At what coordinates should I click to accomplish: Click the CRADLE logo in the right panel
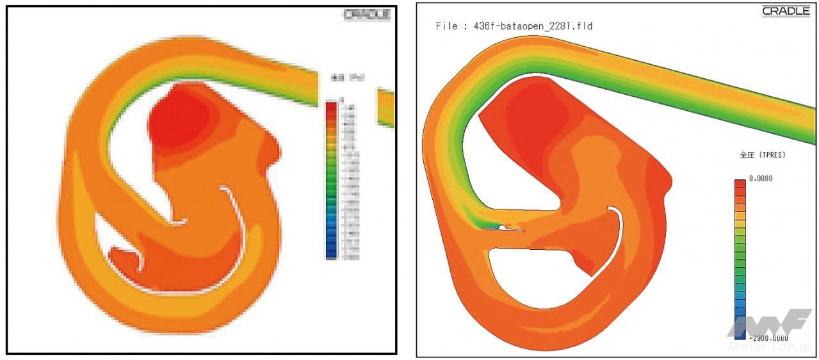coord(786,12)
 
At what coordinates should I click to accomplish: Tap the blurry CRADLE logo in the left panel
coord(367,15)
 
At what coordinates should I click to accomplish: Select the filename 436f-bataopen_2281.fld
coord(533,26)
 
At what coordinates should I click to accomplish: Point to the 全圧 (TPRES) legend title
coord(762,155)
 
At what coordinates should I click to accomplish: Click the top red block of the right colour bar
coord(740,184)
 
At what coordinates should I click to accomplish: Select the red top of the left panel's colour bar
coord(331,109)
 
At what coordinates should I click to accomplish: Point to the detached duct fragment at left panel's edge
coord(385,107)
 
